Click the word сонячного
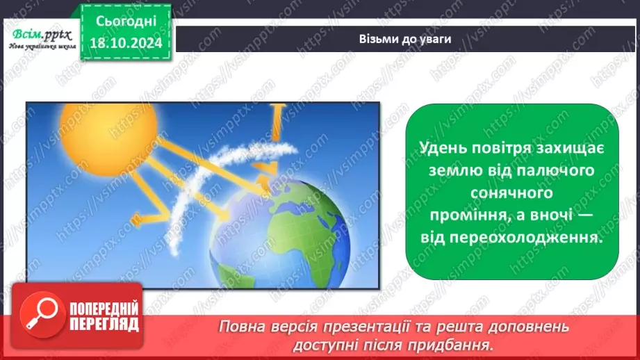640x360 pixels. [512, 193]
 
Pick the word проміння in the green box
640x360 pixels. [454, 215]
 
